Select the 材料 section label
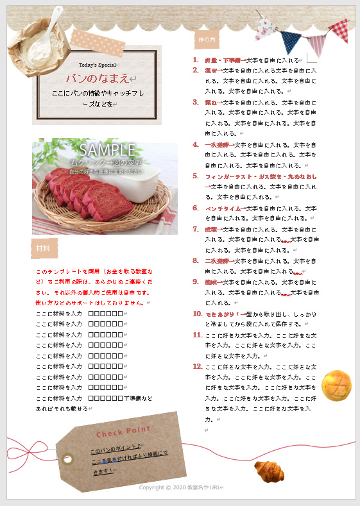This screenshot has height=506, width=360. [43, 248]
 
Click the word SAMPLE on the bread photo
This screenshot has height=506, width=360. [107, 150]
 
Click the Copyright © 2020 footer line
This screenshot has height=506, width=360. [180, 487]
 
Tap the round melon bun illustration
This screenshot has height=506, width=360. [336, 385]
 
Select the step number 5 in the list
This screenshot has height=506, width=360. [195, 176]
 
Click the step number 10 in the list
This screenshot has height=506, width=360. [197, 314]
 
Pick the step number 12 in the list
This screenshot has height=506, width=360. [197, 366]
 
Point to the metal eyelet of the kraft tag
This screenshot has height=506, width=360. [68, 457]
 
